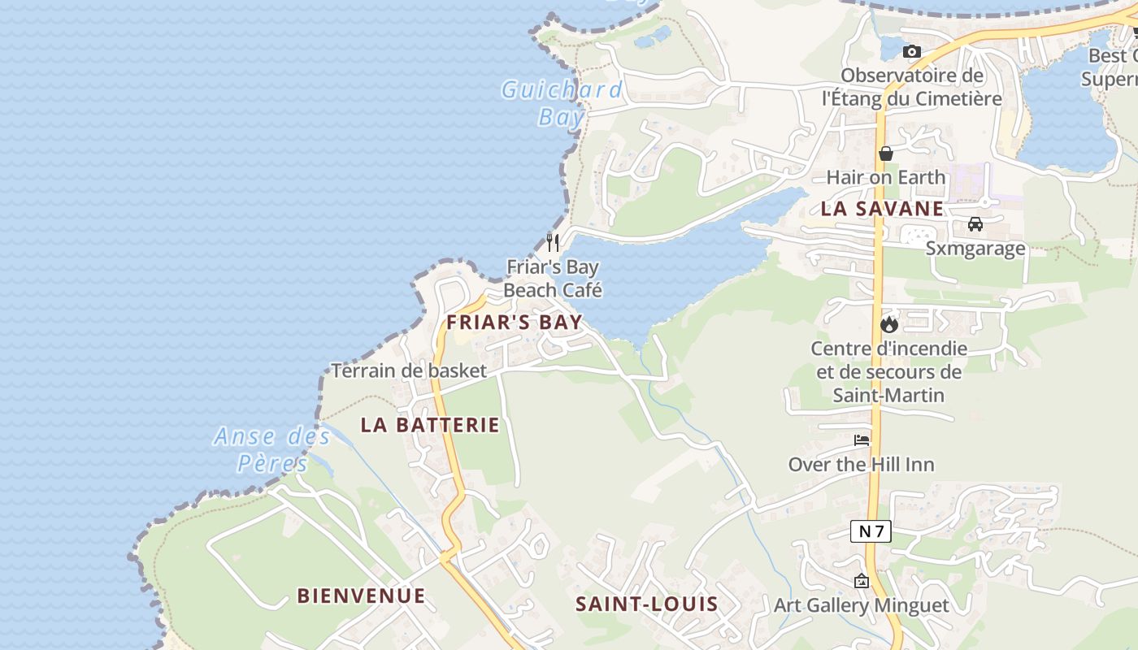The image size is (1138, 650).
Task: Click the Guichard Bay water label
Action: coord(561,102)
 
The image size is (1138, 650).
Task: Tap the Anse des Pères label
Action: coord(272,449)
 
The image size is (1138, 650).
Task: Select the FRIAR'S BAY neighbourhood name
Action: coord(515,322)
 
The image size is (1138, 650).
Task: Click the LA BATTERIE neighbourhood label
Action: coord(430,424)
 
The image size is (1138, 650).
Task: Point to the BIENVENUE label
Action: coord(361,596)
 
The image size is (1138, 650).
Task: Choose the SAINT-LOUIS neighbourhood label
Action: coord(647,604)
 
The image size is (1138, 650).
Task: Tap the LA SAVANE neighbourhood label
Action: coord(882,208)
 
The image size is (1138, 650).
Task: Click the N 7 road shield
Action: coord(871,531)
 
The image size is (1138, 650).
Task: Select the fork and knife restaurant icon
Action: coord(553,242)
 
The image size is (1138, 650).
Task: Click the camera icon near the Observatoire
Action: coord(912,51)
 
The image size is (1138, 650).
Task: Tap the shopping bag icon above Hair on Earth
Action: coord(886,153)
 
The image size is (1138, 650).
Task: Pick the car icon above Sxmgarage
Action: coord(975,224)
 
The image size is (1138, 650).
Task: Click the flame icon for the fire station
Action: coord(889,324)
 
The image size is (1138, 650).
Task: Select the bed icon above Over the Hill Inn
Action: coord(862,440)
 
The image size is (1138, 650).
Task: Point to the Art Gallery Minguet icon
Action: coord(862,581)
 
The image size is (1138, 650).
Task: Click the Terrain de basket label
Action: coord(409,370)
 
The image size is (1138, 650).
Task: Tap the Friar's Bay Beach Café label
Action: coord(553,278)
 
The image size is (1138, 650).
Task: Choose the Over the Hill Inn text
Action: coord(862,465)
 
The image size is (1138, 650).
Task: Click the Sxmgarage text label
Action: coord(975,248)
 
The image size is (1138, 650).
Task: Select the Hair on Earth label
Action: coord(886,177)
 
